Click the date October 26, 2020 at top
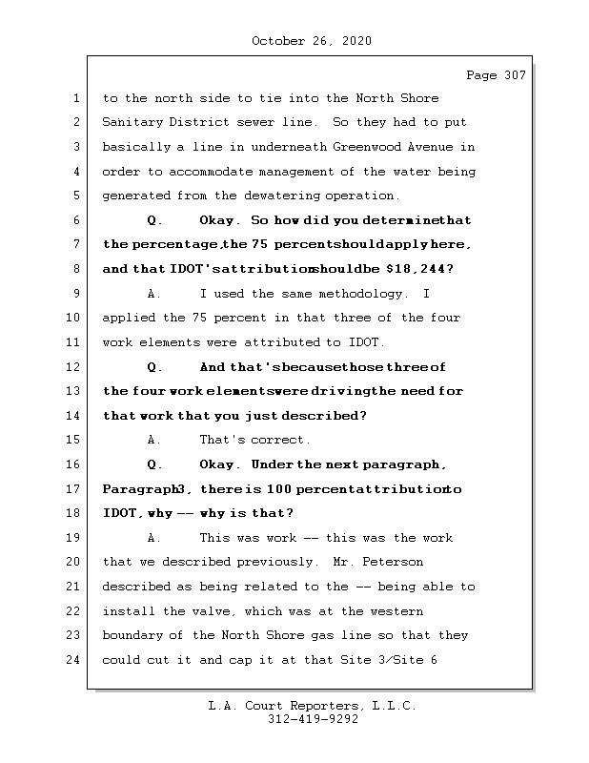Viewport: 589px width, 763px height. click(312, 41)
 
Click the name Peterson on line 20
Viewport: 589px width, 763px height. click(391, 562)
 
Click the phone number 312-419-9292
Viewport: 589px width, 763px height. click(312, 720)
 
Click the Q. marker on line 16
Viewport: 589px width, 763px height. click(155, 464)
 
